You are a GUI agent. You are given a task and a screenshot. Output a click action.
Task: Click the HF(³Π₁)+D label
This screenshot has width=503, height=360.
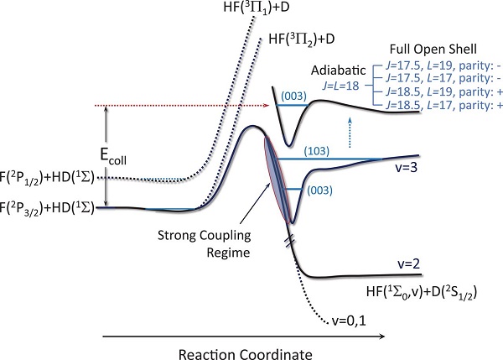click(257, 7)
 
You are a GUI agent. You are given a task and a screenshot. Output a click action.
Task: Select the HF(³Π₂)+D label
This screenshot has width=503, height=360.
click(302, 39)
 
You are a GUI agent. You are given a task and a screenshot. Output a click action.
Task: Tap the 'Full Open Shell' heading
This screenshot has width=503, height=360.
click(433, 50)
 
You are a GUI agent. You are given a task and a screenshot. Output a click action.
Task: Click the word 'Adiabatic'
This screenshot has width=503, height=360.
click(338, 70)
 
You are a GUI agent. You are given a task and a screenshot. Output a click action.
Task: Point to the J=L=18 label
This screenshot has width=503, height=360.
click(340, 86)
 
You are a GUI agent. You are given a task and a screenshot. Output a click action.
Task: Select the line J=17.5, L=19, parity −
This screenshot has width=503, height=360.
click(443, 65)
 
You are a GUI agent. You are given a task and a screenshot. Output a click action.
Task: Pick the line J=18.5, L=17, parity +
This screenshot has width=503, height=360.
click(443, 105)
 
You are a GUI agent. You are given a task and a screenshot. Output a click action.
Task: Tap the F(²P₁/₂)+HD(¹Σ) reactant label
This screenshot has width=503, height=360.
click(47, 178)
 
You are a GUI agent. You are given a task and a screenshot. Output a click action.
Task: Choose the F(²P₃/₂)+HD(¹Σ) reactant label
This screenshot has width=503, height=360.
click(47, 208)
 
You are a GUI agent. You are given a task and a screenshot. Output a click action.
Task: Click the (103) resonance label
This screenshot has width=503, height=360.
click(317, 151)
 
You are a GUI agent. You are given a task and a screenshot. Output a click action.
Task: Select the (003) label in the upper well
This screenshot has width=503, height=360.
click(293, 96)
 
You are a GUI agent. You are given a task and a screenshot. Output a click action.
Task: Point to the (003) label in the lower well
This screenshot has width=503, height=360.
click(319, 190)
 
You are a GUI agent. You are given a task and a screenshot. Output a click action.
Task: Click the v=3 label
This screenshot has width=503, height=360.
click(406, 167)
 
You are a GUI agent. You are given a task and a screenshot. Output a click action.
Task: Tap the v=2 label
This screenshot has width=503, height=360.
click(409, 263)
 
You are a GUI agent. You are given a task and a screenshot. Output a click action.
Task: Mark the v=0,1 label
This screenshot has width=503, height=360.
click(349, 321)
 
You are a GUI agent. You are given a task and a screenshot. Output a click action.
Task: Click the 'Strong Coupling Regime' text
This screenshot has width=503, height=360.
click(205, 243)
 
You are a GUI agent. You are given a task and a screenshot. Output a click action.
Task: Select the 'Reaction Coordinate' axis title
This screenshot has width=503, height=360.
click(246, 354)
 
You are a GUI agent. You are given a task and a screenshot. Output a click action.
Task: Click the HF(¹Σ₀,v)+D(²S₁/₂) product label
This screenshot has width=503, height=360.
click(422, 293)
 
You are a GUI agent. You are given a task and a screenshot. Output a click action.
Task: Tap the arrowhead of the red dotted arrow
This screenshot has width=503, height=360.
click(266, 105)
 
